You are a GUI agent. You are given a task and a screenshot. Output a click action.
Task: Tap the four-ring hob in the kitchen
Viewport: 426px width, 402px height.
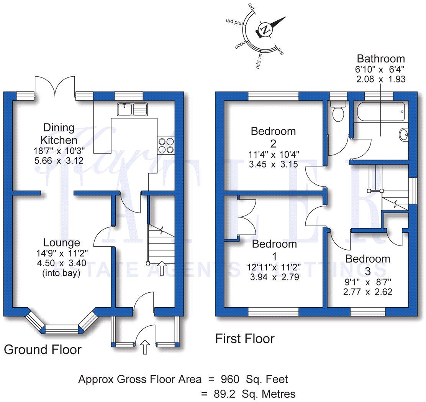coord(165,146)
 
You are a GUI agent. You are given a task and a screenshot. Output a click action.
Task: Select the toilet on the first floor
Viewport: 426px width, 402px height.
coord(338,112)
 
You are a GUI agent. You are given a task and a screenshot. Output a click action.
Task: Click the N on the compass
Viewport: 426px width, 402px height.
coord(265,29)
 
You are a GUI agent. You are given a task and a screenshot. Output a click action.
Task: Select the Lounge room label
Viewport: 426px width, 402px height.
coord(62,242)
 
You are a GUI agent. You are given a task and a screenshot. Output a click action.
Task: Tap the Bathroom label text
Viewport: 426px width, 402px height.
coord(380,59)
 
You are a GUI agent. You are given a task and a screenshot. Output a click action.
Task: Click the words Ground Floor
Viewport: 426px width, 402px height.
coord(43,349)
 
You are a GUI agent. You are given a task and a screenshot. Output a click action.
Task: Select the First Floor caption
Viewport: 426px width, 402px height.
coord(245,339)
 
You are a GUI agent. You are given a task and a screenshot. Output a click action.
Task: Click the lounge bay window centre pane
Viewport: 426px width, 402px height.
coord(61,329)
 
